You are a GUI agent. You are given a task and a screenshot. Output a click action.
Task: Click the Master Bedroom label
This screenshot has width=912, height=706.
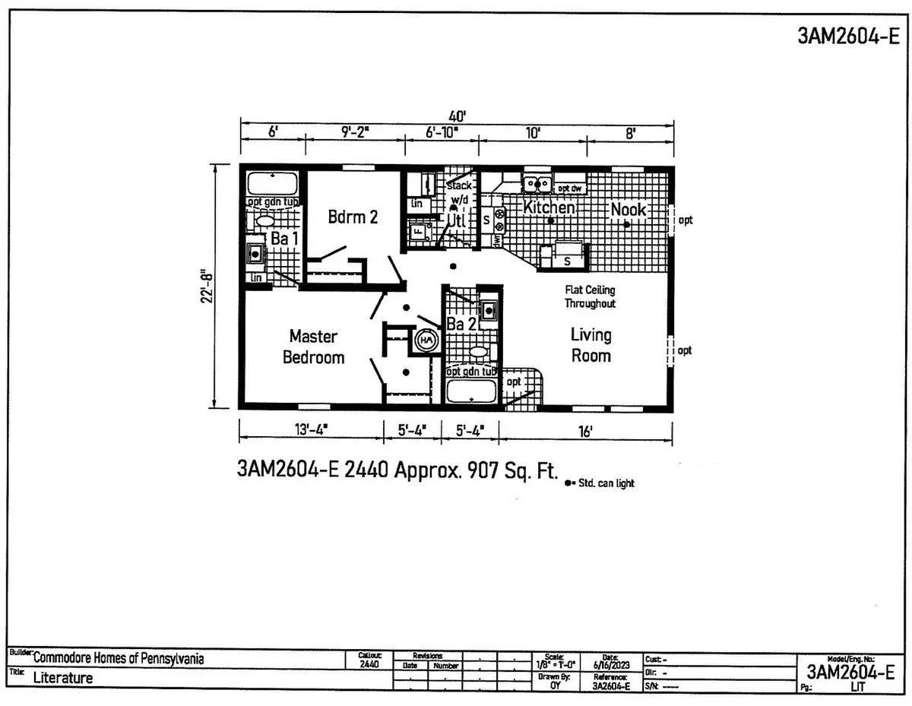(313, 347)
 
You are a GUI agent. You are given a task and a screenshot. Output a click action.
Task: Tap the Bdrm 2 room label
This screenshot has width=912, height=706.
(353, 217)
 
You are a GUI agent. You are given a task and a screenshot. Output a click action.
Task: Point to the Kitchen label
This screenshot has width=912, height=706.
(549, 207)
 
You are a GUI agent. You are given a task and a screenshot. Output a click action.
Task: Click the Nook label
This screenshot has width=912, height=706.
(628, 210)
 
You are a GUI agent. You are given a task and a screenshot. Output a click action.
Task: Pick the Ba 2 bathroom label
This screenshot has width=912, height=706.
(461, 325)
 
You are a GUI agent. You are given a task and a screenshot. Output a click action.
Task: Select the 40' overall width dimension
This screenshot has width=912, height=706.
(457, 116)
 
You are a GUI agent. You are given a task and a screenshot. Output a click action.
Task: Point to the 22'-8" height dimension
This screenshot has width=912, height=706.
(204, 285)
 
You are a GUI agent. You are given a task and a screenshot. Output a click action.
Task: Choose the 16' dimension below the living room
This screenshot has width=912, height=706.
(584, 432)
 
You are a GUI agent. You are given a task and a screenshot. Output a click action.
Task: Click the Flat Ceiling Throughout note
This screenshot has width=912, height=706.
(590, 296)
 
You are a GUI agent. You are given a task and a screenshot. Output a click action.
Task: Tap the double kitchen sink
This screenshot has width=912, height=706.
(537, 183)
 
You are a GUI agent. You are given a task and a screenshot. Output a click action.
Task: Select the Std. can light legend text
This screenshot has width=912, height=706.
(605, 483)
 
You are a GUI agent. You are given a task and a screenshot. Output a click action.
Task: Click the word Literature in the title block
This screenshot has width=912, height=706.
(62, 678)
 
